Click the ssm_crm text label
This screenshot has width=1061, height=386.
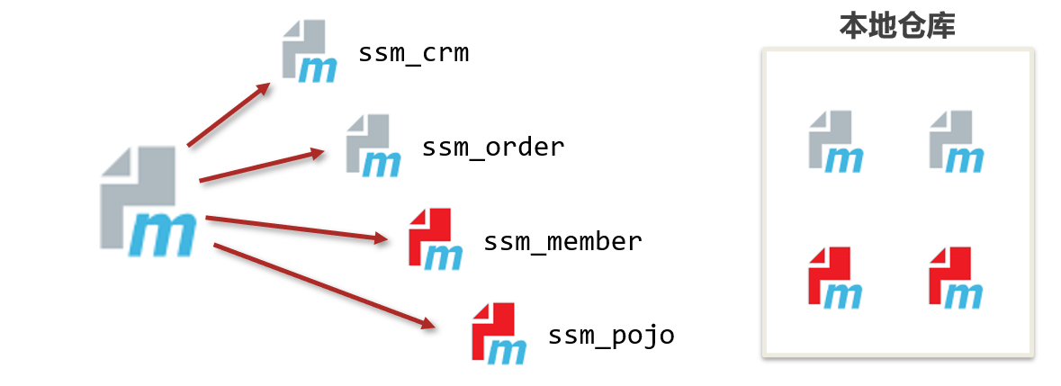tap(413, 54)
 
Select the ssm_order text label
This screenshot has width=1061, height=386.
tap(493, 147)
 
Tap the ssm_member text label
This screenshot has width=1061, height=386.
tap(562, 242)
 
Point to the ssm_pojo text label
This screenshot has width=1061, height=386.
tap(611, 337)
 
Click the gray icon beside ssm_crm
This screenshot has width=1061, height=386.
tap(309, 52)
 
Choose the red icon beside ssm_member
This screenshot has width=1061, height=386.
tap(435, 239)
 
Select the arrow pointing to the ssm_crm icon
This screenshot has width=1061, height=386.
tap(229, 114)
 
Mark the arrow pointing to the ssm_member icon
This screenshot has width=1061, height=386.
tap(297, 228)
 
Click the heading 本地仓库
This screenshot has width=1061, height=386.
tap(896, 25)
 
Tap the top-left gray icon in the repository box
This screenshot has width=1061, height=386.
tap(835, 141)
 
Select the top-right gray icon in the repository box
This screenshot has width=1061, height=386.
tap(956, 141)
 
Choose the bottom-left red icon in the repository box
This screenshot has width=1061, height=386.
tap(835, 277)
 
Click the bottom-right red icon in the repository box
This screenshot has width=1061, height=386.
tap(956, 277)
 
